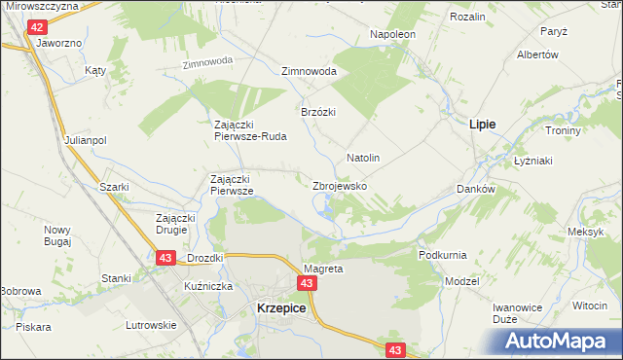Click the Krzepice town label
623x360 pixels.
coord(281,306)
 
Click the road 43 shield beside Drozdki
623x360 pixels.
coord(165,257)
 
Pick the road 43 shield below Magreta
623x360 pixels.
coord(307,283)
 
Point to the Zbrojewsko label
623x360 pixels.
coord(340,185)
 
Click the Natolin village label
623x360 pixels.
coord(362,157)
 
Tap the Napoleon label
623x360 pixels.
coord(392,34)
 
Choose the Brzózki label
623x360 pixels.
coord(317,111)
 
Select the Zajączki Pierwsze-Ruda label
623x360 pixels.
coord(250,130)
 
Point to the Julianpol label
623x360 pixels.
coord(86,140)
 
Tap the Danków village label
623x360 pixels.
coord(476,189)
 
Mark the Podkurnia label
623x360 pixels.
coord(443,254)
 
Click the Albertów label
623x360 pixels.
coord(536,54)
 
